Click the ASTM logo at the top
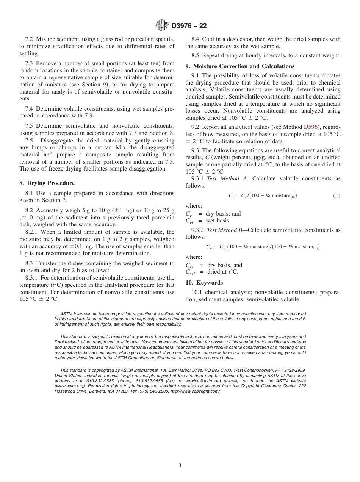(x=162, y=26)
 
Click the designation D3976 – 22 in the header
(x=189, y=26)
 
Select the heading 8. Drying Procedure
(x=47, y=183)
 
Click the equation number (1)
(x=337, y=196)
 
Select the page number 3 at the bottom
(x=180, y=465)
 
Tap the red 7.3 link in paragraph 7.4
(x=88, y=116)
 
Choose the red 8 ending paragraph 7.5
(x=171, y=133)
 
